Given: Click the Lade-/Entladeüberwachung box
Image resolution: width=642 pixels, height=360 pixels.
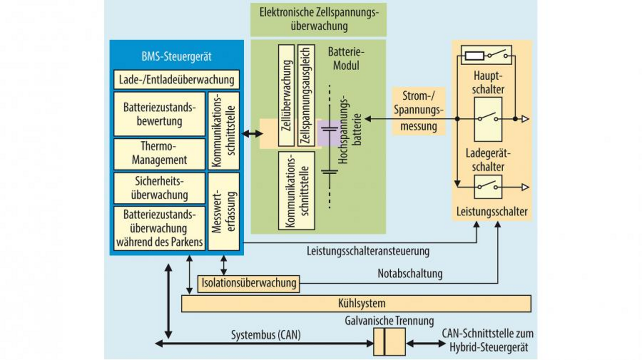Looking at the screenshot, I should tap(176, 80).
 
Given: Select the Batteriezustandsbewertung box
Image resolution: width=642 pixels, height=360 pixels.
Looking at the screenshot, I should tap(159, 114).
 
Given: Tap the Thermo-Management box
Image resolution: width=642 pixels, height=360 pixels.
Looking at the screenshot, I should tap(159, 153).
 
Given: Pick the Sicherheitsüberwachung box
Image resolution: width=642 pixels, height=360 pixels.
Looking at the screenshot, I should tap(159, 188).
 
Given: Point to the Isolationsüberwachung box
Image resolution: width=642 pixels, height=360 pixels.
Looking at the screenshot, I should tap(249, 283).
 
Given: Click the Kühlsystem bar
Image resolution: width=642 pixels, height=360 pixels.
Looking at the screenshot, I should tap(356, 303).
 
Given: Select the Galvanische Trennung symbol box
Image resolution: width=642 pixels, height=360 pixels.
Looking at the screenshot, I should tap(389, 341).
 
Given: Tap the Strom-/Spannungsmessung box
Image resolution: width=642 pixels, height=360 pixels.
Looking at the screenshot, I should tap(418, 111).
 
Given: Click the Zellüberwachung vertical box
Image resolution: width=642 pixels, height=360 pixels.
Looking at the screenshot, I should tap(286, 95).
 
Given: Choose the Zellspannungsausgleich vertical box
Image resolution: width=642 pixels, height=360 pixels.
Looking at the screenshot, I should tap(306, 95).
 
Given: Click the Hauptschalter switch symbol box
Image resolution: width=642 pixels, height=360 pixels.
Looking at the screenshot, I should tap(488, 119).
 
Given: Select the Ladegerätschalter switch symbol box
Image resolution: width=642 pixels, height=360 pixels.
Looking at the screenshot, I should tap(488, 187).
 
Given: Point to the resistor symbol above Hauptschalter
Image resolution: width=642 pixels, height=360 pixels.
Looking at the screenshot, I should tap(474, 56).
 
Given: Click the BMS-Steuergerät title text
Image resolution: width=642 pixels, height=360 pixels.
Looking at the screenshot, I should tap(176, 56).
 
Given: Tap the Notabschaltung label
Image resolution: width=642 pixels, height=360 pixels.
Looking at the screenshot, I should tap(410, 274).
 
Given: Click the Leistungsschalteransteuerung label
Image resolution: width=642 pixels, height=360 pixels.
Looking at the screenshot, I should tap(368, 250).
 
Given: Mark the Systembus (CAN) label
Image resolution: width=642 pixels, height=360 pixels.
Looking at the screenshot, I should tap(266, 335).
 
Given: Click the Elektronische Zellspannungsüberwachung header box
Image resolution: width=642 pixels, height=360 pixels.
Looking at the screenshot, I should tap(318, 20).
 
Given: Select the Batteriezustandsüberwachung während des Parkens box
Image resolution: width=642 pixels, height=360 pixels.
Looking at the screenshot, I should tap(159, 229).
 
